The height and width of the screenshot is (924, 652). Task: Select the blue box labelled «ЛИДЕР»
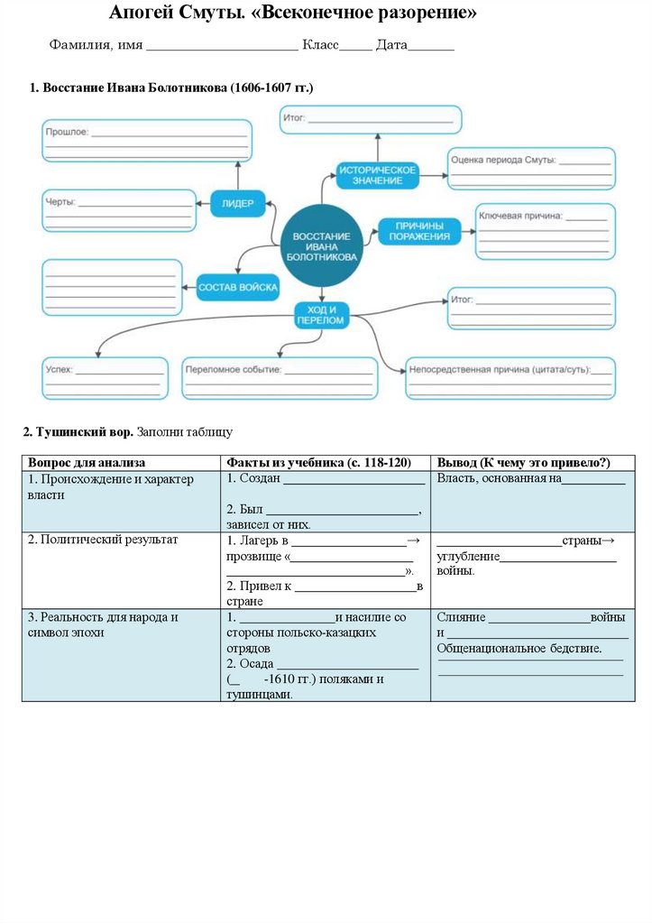(x=238, y=204)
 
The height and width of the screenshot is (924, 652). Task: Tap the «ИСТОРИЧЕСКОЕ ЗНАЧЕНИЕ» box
(x=378, y=175)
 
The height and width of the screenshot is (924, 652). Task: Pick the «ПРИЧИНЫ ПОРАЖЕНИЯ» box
(x=419, y=231)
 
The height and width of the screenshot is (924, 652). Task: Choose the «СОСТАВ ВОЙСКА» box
(x=238, y=288)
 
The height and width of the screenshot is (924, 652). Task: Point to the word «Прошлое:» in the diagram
(x=67, y=132)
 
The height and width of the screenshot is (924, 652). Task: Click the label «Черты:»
(x=60, y=201)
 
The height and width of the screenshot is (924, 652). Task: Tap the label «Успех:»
(x=60, y=369)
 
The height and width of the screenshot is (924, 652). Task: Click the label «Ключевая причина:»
(x=520, y=216)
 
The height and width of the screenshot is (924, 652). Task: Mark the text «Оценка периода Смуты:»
(x=503, y=160)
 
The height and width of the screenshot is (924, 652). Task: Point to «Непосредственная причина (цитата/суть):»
(x=510, y=369)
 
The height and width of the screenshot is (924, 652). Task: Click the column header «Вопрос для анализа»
(x=87, y=462)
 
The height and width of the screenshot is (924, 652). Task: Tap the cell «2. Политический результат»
(x=103, y=540)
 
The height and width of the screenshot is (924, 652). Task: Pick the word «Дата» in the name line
(x=391, y=45)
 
